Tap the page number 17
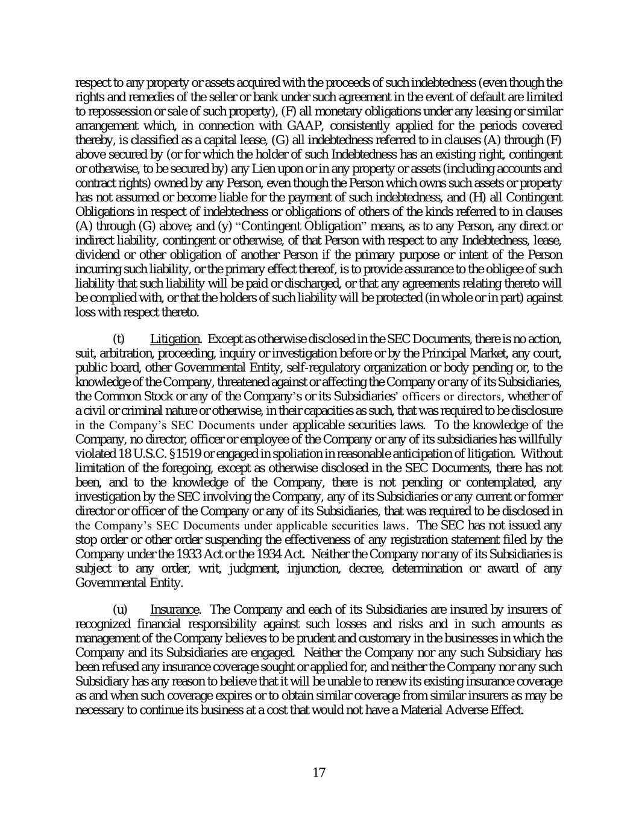point(319,773)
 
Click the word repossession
point(114,111)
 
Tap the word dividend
point(95,255)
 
